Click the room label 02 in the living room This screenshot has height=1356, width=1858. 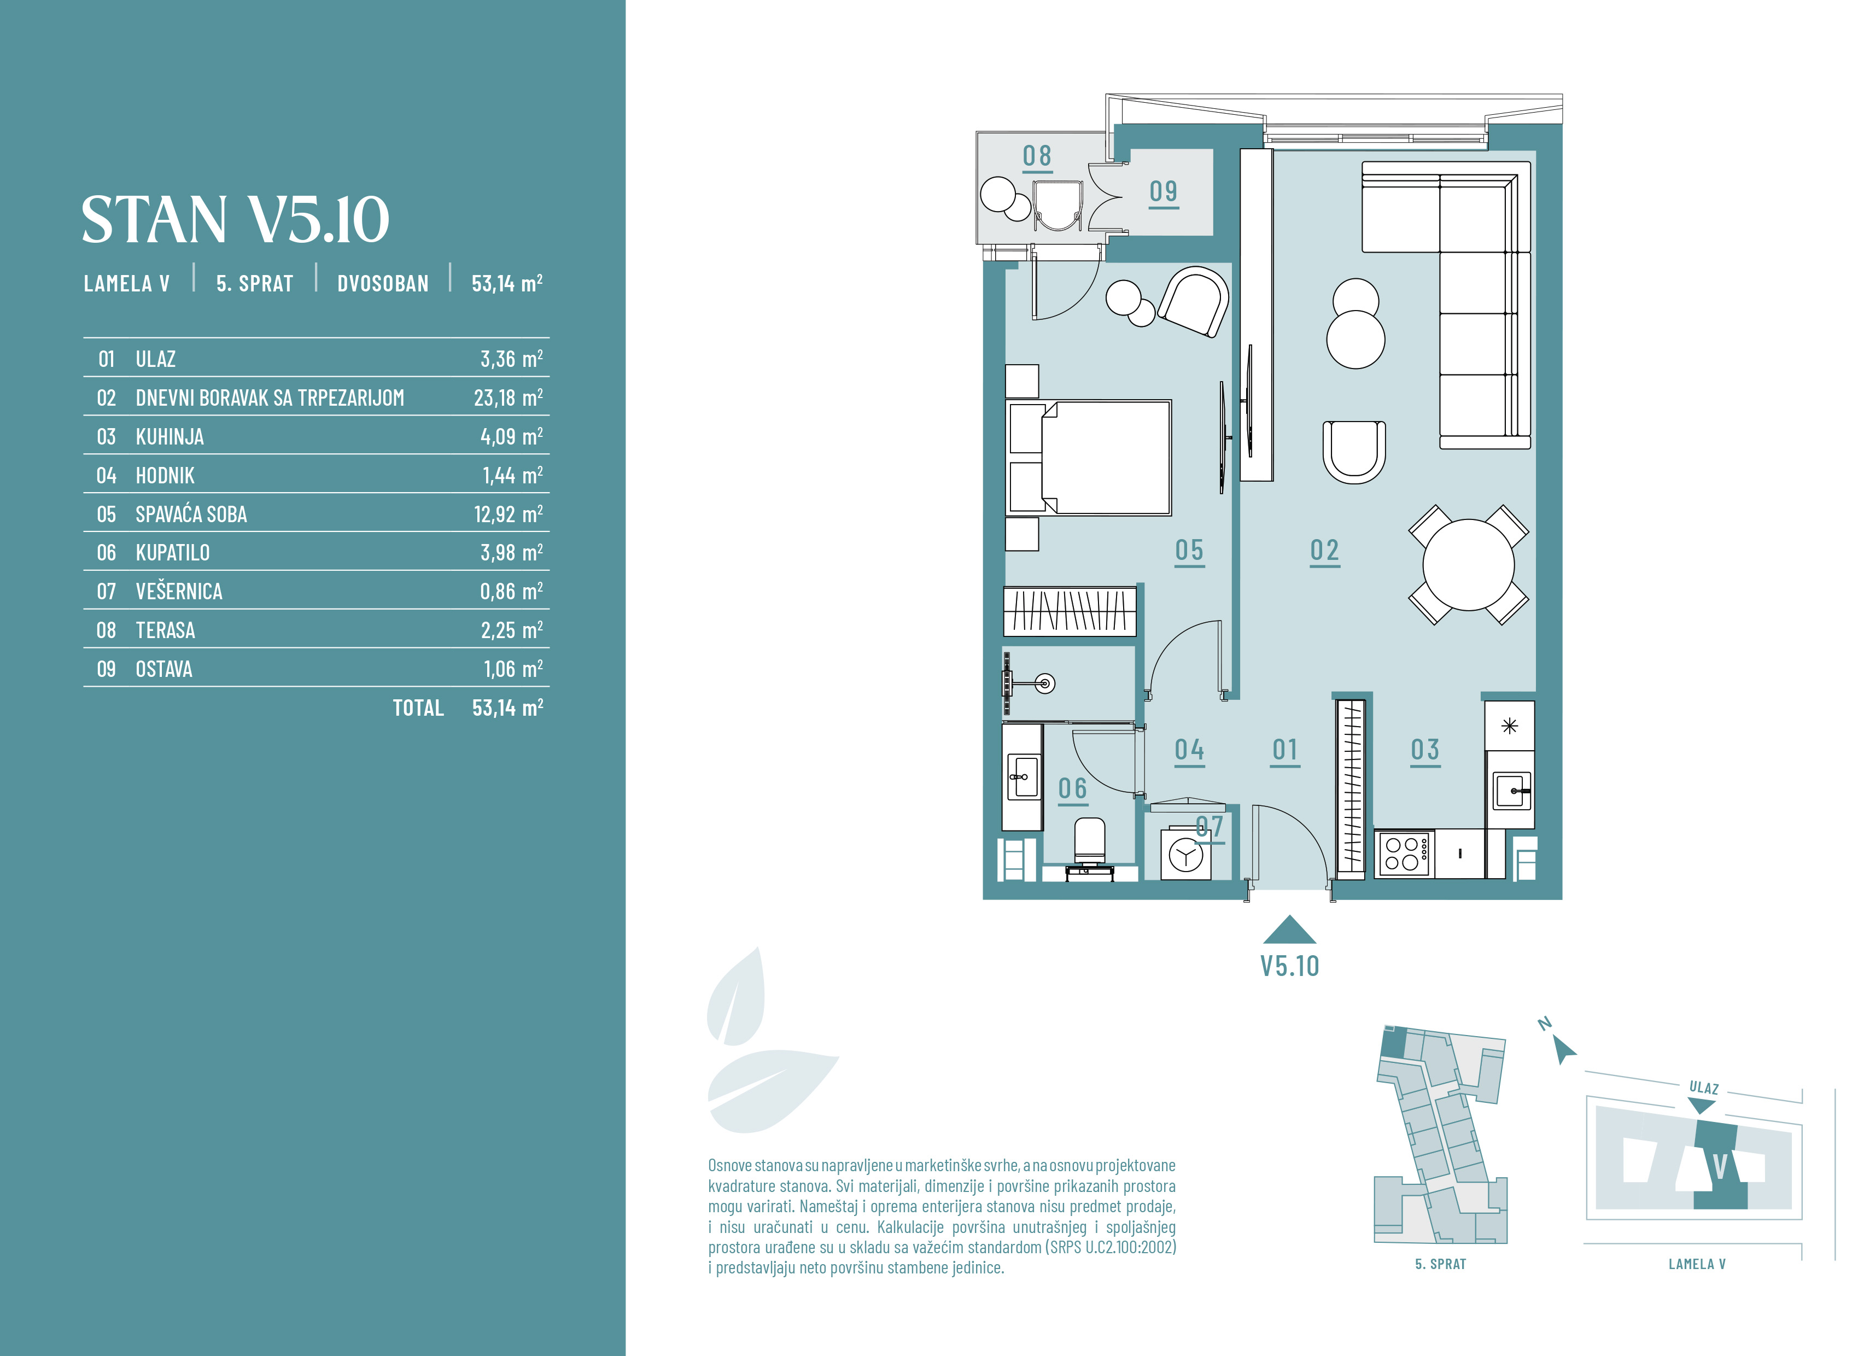[x=1324, y=550]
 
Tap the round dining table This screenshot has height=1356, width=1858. [x=1468, y=565]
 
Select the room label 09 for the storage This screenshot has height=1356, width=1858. [x=1163, y=191]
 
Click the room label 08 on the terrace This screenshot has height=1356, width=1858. [x=1037, y=156]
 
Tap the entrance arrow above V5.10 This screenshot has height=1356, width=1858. [x=1289, y=930]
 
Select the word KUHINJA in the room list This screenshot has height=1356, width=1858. [x=170, y=437]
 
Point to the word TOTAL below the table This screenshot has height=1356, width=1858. [x=418, y=708]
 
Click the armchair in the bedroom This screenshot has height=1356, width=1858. [x=1193, y=301]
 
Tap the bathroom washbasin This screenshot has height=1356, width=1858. [x=1023, y=776]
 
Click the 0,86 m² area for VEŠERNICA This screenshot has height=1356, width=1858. [x=511, y=591]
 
